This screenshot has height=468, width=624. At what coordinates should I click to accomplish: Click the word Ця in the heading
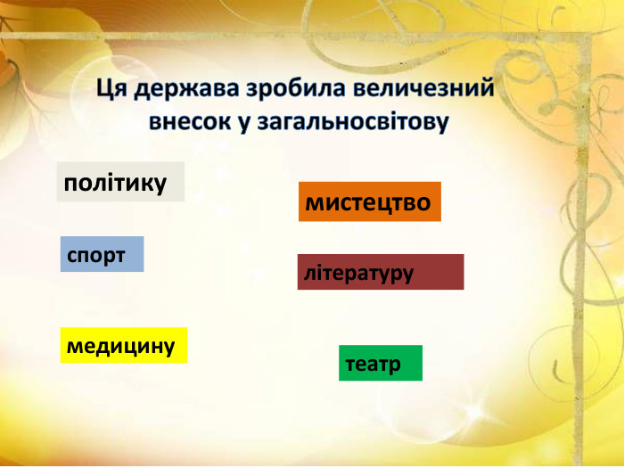(x=110, y=90)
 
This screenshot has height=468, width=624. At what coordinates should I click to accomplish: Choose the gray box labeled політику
(x=120, y=182)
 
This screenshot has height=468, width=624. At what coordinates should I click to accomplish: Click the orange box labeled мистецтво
(x=369, y=202)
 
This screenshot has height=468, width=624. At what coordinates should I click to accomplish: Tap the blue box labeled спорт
(x=102, y=255)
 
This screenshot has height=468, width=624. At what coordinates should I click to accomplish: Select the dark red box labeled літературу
(x=380, y=272)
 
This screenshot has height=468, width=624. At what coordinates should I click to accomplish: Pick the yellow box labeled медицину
(x=123, y=345)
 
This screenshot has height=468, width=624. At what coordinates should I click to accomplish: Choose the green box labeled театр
(x=380, y=363)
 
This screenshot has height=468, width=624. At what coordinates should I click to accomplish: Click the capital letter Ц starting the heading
(x=103, y=90)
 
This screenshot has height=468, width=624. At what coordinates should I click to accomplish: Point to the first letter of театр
(x=349, y=364)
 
